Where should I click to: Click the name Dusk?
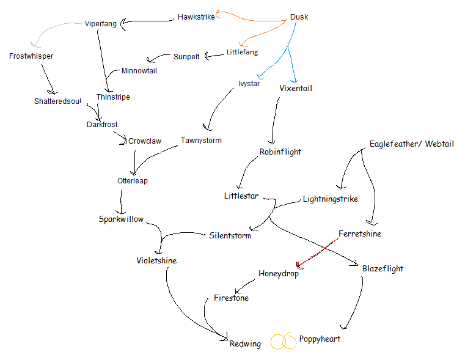299,17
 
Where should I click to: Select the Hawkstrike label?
196,17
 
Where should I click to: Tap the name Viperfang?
100,24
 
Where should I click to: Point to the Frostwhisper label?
31,56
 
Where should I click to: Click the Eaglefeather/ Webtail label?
411,144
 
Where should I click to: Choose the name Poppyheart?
320,339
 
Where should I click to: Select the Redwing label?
245,344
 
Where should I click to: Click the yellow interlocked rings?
284,341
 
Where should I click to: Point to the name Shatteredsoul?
57,101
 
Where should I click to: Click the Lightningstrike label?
331,199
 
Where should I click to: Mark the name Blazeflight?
383,268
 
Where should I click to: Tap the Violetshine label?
156,261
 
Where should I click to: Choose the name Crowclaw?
145,141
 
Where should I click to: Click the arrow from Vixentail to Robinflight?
273,119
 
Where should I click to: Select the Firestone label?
231,298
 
